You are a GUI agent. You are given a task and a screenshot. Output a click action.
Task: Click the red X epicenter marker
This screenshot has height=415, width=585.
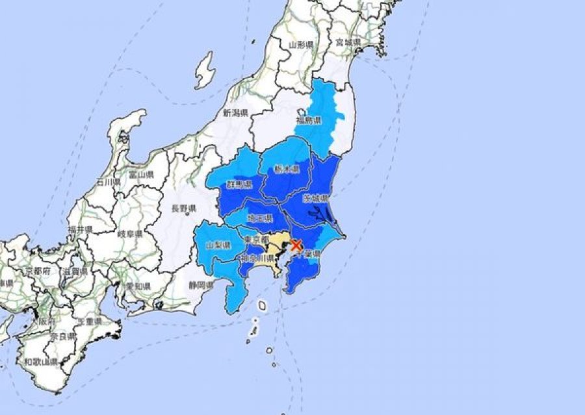(296, 245)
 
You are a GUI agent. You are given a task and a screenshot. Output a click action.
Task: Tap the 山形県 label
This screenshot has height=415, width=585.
(302, 44)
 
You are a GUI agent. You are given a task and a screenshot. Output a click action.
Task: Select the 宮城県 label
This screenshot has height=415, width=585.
(348, 42)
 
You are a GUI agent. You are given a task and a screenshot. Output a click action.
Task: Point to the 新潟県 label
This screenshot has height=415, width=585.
(236, 112)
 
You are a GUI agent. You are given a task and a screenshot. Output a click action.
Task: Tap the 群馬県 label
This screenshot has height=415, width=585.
(239, 185)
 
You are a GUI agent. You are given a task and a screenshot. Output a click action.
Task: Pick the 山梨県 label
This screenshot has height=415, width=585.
(218, 245)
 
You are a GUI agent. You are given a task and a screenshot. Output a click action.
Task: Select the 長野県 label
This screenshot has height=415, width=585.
(183, 208)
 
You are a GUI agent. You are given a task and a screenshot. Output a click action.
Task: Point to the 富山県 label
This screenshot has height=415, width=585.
(140, 175)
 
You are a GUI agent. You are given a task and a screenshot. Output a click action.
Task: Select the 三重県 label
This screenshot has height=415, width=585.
(88, 321)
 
